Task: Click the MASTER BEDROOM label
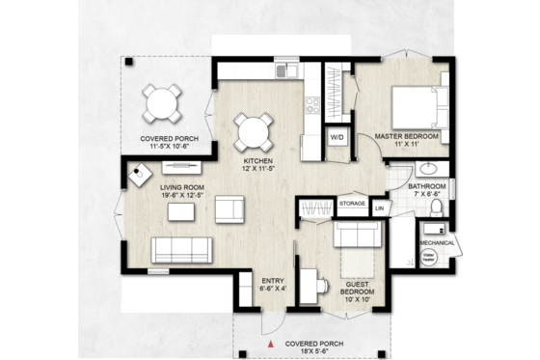(x=407, y=137)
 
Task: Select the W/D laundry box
(x=337, y=137)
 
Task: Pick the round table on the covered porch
(x=161, y=101)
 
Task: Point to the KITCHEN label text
(x=257, y=160)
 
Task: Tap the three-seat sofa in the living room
(x=180, y=249)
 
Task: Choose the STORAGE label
(x=351, y=204)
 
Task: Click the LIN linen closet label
(x=379, y=208)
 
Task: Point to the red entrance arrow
(x=274, y=343)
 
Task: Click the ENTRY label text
(x=273, y=284)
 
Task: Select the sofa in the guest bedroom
(x=356, y=235)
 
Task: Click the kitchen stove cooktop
(x=312, y=102)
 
